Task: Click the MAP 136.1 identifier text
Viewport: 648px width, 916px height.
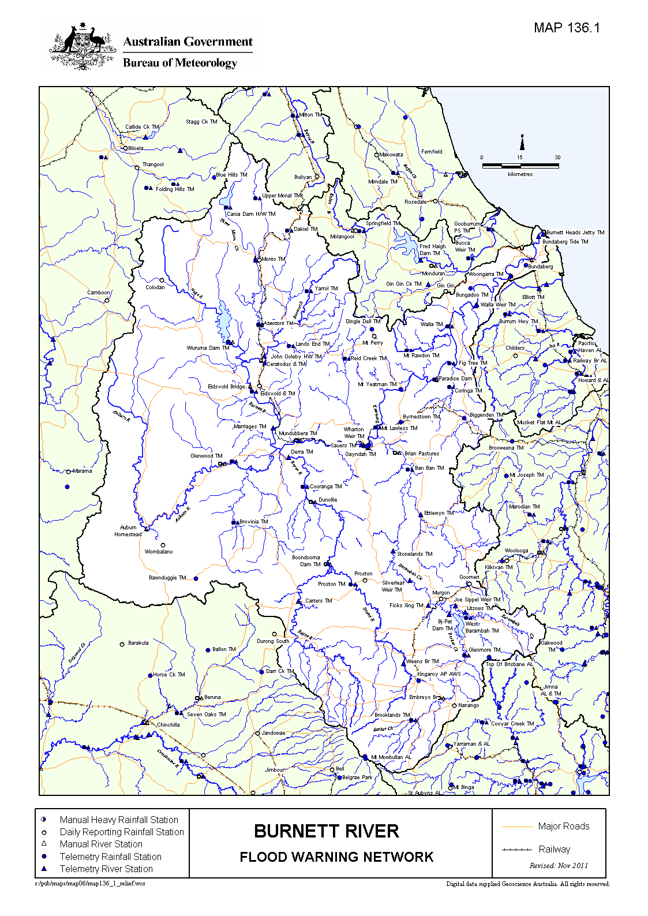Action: pos(567,28)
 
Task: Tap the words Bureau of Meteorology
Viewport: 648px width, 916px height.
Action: pos(179,62)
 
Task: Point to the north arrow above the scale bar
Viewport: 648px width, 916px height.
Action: pos(522,143)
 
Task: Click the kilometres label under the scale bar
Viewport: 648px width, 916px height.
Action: pos(520,174)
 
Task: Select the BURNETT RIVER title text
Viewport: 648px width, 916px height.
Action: pos(326,831)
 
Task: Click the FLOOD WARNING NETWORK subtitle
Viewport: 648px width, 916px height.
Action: pos(336,857)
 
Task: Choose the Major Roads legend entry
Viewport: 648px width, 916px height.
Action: pos(563,826)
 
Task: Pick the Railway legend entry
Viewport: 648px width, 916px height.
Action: pos(554,849)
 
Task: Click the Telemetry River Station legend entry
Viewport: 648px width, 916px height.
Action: pos(106,869)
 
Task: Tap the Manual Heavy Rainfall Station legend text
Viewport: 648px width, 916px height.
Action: pos(119,820)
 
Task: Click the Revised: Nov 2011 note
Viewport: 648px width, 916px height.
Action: pos(559,865)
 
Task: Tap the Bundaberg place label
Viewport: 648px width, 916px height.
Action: pos(541,267)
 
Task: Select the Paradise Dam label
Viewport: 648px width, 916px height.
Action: pos(455,379)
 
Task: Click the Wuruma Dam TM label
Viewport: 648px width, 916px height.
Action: pos(208,348)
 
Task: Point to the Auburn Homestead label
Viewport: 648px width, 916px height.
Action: pos(128,530)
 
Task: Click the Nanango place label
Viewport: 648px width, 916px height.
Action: pos(469,705)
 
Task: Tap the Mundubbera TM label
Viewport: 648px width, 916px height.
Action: pos(298,433)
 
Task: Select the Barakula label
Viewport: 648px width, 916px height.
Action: pos(138,642)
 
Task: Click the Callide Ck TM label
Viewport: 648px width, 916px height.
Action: pos(142,127)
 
